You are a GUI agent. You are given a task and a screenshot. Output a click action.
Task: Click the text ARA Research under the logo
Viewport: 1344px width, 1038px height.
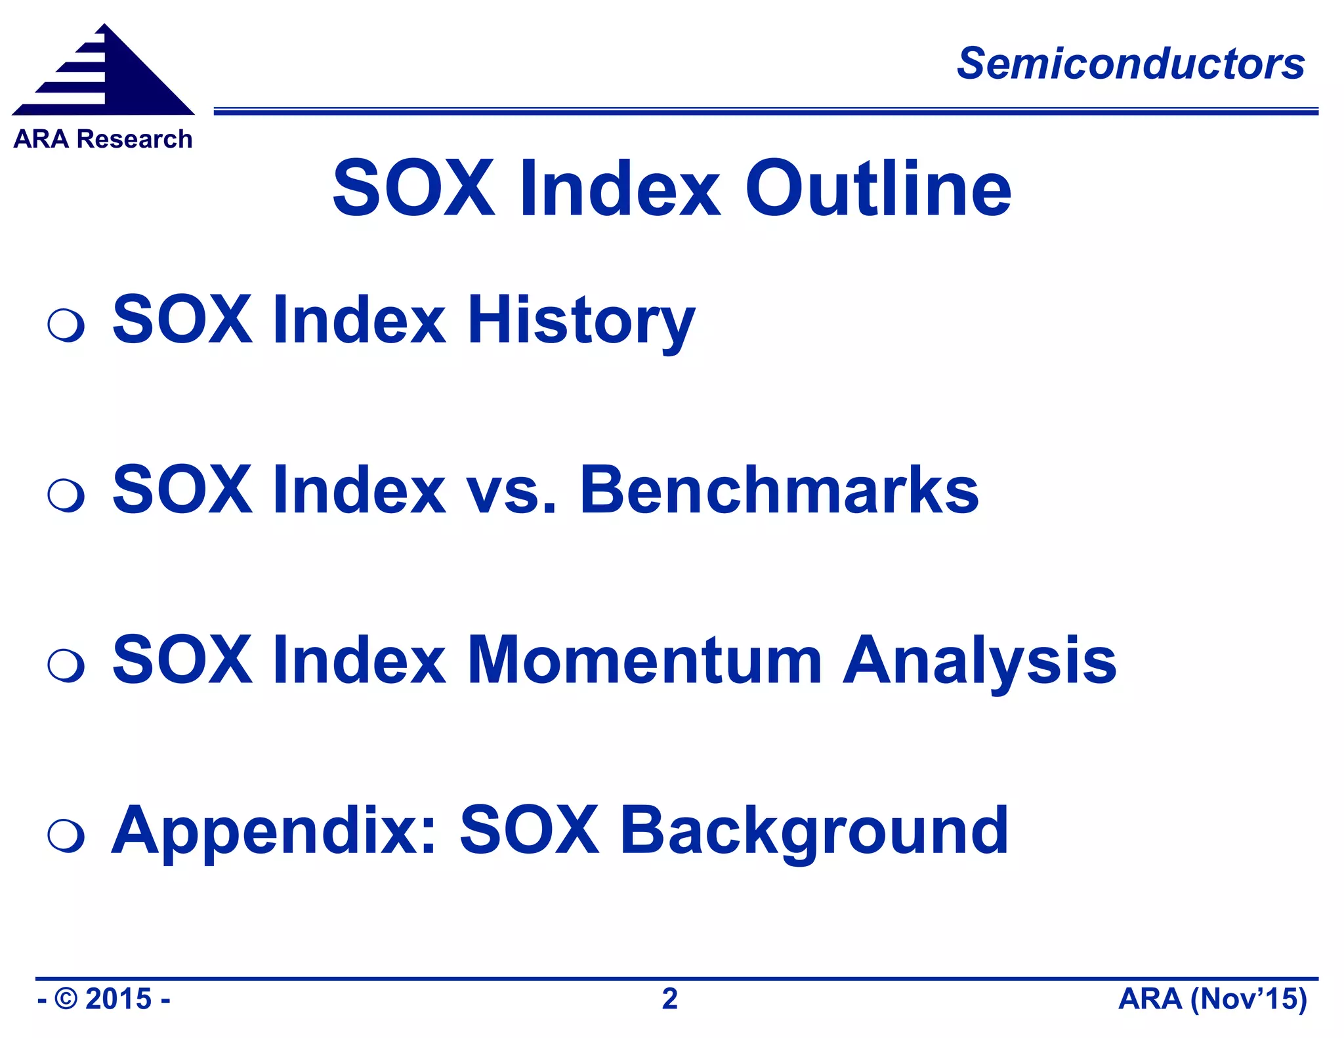click(102, 139)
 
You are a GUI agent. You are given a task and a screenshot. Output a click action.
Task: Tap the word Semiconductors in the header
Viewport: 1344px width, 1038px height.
click(1130, 64)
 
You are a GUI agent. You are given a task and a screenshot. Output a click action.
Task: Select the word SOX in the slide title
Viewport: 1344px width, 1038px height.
click(413, 189)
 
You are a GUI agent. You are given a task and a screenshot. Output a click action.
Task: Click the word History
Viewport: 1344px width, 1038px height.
click(580, 320)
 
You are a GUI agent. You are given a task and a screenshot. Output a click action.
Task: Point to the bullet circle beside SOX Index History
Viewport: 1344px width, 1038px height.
click(66, 324)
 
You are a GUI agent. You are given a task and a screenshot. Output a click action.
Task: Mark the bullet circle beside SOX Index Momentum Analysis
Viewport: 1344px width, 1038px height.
click(66, 665)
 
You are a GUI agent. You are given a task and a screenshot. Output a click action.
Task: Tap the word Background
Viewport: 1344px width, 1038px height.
click(813, 831)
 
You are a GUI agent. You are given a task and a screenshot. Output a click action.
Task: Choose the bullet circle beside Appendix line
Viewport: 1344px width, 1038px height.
click(66, 836)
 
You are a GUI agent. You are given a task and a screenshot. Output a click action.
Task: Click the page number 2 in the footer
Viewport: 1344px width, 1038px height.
click(669, 999)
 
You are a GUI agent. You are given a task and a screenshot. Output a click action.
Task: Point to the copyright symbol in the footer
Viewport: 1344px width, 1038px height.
click(66, 999)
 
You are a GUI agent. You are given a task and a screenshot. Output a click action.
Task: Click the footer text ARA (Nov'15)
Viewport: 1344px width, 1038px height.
click(1212, 999)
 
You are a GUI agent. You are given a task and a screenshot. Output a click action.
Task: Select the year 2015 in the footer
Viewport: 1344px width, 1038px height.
click(118, 999)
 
